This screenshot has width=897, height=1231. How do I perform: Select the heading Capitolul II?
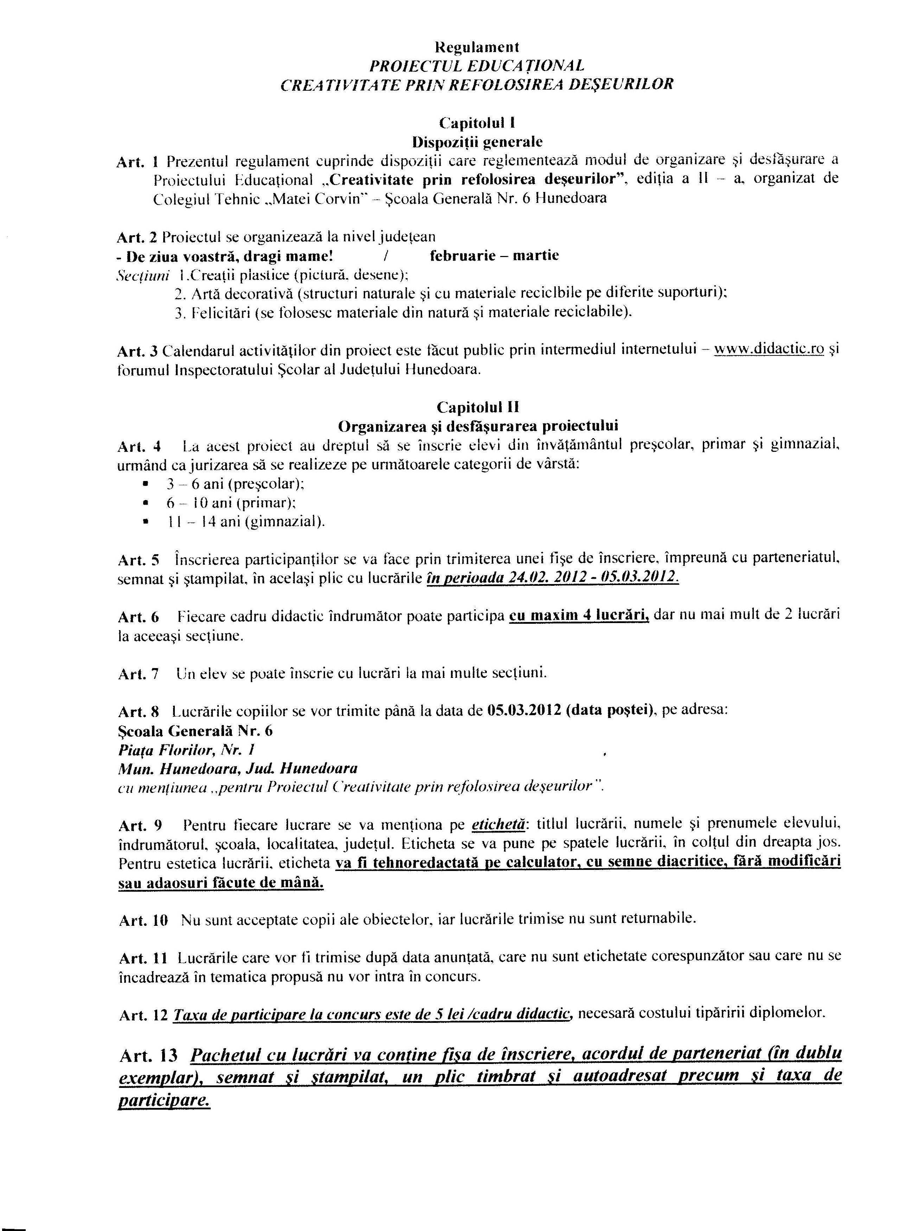tap(476, 407)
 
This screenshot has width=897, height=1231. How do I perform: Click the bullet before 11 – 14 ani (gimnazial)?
tap(145, 521)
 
